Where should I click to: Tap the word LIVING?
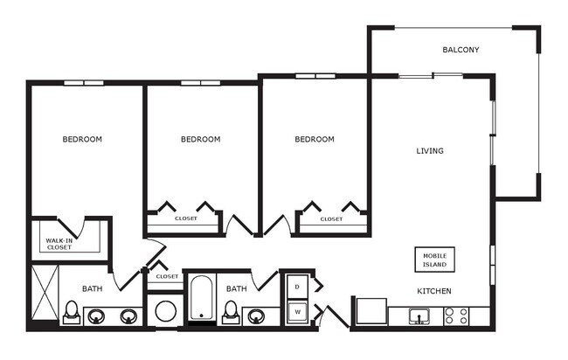(429, 151)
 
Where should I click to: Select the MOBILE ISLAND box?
(434, 260)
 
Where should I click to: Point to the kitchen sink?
(419, 315)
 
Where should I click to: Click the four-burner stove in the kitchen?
(455, 315)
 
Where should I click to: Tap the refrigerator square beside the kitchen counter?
(371, 312)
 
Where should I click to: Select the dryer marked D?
(297, 286)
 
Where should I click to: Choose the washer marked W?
(297, 311)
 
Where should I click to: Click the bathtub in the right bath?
(201, 299)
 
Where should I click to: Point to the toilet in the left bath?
(72, 312)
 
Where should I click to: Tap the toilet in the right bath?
(232, 312)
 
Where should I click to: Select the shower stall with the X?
(44, 294)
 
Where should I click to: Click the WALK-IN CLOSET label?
(59, 244)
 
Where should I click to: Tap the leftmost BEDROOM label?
(82, 139)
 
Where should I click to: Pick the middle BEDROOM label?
(200, 139)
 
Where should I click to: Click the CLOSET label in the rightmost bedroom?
(331, 219)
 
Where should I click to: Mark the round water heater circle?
(164, 311)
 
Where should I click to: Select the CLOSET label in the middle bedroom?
(185, 219)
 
